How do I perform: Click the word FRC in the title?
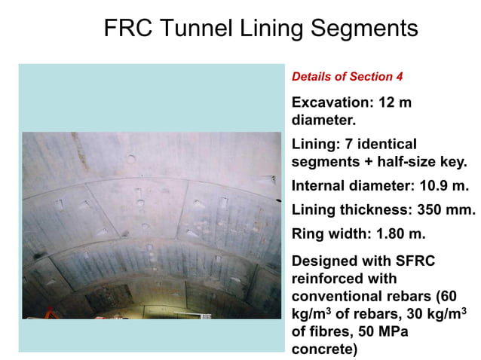click(127, 29)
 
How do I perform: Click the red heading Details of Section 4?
click(342, 77)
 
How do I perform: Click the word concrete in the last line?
click(322, 349)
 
